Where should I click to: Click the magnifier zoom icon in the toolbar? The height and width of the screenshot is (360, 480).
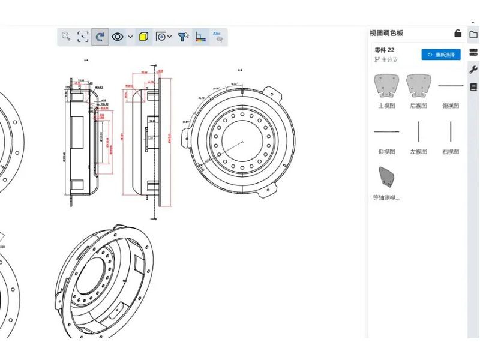pos(66,37)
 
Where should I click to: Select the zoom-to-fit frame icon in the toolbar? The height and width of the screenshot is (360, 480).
pos(83,37)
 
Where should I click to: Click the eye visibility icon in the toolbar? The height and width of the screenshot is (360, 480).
pos(118,37)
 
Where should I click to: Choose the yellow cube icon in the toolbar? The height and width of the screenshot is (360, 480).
pos(144,37)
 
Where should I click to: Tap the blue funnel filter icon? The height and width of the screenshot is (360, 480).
pos(183,37)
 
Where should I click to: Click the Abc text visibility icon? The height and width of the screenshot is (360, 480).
pos(218,37)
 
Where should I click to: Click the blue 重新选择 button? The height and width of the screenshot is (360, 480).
pos(441,55)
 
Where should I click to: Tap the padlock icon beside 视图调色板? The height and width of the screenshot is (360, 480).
pos(457,33)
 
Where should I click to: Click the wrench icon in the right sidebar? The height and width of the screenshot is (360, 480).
pos(473,69)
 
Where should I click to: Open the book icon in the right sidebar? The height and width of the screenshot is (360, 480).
pos(473,87)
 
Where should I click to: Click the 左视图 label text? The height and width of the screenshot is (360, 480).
pos(418,152)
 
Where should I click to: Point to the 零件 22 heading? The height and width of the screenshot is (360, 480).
pos(385,50)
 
